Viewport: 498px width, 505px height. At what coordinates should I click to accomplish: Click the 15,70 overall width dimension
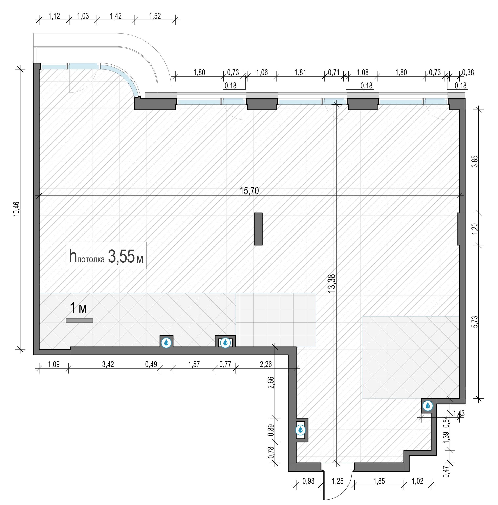click(x=249, y=191)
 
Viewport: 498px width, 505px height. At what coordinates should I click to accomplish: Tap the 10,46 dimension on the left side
click(x=16, y=209)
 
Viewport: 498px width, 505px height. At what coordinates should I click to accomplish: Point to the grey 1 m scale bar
click(x=79, y=320)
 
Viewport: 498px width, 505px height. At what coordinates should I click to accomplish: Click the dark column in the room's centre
click(x=258, y=229)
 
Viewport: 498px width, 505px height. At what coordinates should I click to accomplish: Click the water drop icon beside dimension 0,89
click(x=300, y=430)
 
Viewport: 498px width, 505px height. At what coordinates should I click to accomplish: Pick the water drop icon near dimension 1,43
click(x=428, y=406)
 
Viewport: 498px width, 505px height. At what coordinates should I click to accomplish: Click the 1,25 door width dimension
click(x=338, y=481)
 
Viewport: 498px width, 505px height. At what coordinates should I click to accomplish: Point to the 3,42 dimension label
click(x=108, y=364)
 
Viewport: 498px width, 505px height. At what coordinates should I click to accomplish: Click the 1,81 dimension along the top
click(x=300, y=72)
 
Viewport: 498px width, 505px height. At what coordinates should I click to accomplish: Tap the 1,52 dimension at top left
click(x=155, y=16)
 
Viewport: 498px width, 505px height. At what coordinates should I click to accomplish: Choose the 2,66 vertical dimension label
click(x=271, y=382)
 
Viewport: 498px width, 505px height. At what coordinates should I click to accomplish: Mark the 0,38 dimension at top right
click(x=468, y=72)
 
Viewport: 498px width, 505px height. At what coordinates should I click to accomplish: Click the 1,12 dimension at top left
click(x=54, y=16)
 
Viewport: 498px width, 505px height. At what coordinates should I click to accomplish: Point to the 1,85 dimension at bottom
click(x=379, y=481)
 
